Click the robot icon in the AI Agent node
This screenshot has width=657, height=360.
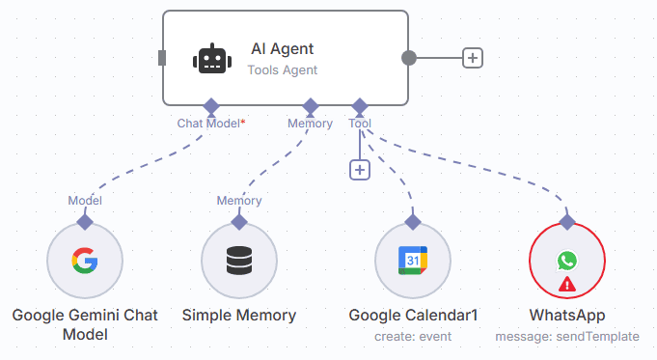[212, 59]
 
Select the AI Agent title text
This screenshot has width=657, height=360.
[282, 48]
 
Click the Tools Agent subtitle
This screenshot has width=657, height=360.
[283, 70]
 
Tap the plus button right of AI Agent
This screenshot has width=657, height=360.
[473, 58]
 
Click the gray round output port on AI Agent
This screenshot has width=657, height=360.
[409, 58]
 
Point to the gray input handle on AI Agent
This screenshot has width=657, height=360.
[162, 58]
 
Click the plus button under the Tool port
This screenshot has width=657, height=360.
[360, 170]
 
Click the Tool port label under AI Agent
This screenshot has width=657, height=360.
[360, 124]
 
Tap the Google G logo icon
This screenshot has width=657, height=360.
[85, 261]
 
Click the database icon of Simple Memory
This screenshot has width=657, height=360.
[239, 261]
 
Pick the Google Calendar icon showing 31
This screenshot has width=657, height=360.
[413, 261]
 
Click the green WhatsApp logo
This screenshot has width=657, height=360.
[567, 261]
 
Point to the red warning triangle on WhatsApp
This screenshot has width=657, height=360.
[567, 284]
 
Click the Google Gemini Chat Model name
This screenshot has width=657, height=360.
[85, 325]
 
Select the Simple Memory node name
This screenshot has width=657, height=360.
[239, 316]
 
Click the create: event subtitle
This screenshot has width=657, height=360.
[413, 337]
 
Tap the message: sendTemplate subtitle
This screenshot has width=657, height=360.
[567, 337]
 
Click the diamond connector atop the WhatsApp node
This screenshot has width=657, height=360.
[567, 222]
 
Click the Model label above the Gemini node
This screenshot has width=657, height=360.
[85, 201]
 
